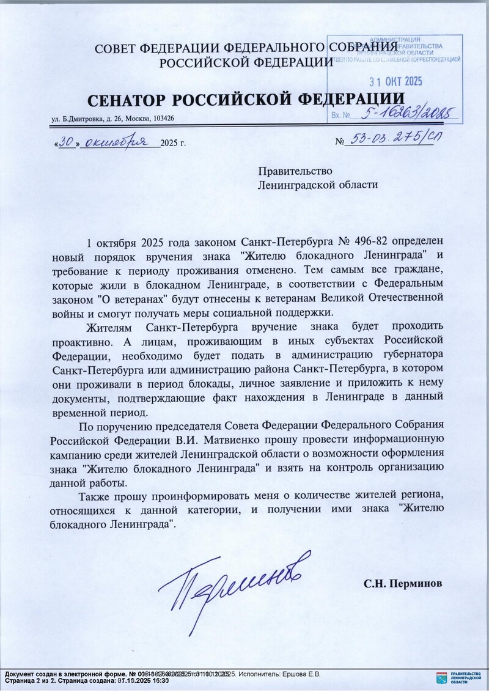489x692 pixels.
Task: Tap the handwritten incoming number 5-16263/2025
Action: click(x=404, y=112)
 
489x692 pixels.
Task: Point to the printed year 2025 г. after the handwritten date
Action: click(x=172, y=144)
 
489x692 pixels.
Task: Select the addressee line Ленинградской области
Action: click(x=318, y=184)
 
